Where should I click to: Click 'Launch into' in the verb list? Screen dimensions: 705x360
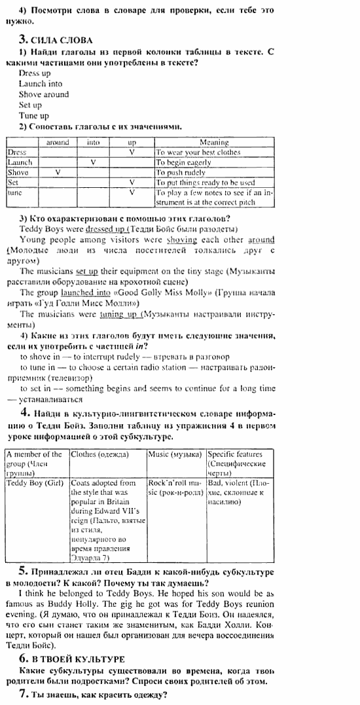(41, 84)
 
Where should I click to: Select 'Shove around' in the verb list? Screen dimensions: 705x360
(43, 94)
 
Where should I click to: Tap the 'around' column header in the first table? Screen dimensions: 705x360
(58, 142)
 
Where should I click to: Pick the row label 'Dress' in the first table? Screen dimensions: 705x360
(17, 152)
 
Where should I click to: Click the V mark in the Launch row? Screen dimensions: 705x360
(94, 162)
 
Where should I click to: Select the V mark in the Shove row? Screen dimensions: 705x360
(58, 173)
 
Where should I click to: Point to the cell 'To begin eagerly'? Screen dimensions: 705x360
(184, 162)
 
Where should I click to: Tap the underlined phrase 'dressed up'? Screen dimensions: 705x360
(105, 229)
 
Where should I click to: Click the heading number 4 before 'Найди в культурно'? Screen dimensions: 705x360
(24, 412)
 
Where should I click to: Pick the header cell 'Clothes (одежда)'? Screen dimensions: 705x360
(99, 454)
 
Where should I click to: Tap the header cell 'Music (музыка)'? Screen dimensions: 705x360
(175, 454)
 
